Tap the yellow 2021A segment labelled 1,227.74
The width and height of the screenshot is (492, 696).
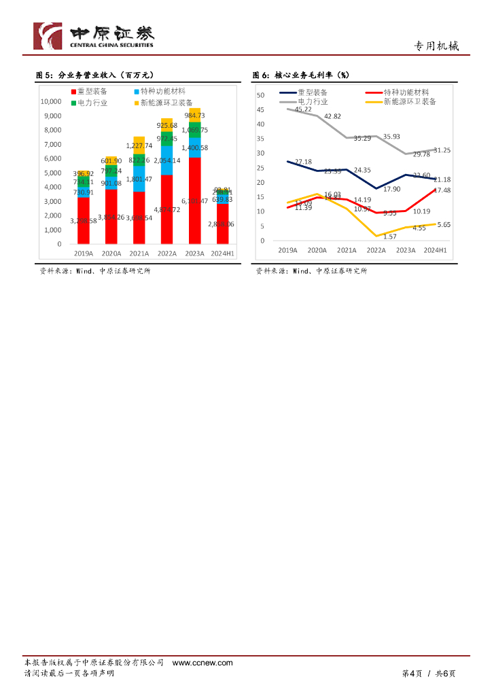click(139, 145)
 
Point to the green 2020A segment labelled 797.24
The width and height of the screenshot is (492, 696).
click(111, 170)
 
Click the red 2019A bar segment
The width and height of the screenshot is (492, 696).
click(84, 220)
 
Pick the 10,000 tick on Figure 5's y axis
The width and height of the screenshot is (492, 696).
click(51, 101)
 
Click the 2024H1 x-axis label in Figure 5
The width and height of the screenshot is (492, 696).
click(222, 253)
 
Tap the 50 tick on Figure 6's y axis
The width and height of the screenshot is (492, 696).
click(260, 95)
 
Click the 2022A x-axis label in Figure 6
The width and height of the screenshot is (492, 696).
click(376, 250)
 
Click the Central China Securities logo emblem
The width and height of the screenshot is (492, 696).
click(48, 36)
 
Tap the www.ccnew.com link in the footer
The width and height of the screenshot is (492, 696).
click(203, 663)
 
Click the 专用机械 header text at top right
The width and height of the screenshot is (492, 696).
click(436, 46)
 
